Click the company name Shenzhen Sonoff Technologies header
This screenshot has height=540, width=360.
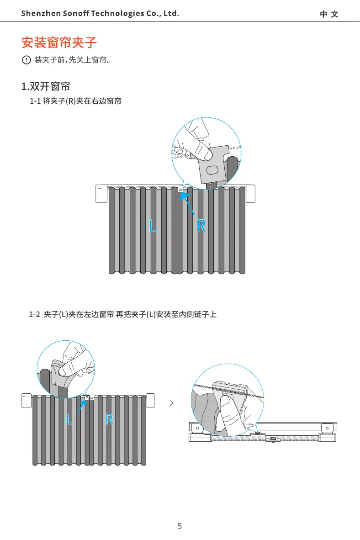pyautogui.click(x=100, y=14)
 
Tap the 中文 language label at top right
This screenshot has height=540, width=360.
pyautogui.click(x=329, y=14)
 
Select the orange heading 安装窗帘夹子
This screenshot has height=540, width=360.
pyautogui.click(x=59, y=43)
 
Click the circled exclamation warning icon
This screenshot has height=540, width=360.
pyautogui.click(x=26, y=60)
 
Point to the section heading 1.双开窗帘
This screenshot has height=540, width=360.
pyautogui.click(x=45, y=86)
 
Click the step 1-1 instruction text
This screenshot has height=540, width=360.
pyautogui.click(x=75, y=101)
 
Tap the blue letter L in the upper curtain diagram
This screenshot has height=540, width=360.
pyautogui.click(x=153, y=226)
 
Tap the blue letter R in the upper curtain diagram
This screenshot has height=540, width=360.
pyautogui.click(x=201, y=226)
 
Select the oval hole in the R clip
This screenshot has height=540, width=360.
pyautogui.click(x=213, y=170)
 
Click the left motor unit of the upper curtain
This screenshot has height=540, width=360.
pyautogui.click(x=101, y=194)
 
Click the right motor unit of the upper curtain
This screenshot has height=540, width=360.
pyautogui.click(x=250, y=194)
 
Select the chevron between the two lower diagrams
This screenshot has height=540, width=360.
pyautogui.click(x=171, y=403)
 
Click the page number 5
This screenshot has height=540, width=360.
pyautogui.click(x=180, y=526)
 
